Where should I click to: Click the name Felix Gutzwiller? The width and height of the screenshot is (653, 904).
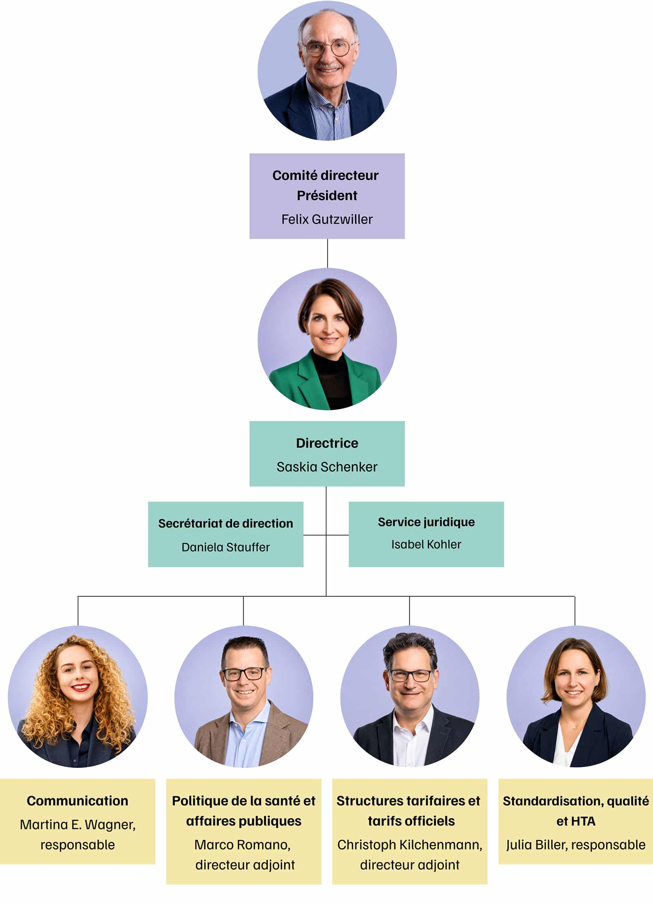pyautogui.click(x=327, y=219)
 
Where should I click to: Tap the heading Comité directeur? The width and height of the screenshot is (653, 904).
pyautogui.click(x=326, y=175)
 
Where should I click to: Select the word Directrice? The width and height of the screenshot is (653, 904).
pyautogui.click(x=327, y=443)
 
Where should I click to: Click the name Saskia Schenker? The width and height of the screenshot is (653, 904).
pyautogui.click(x=327, y=467)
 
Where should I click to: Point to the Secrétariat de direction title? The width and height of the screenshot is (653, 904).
pyautogui.click(x=226, y=523)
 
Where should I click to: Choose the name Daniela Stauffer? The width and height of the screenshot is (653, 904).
pyautogui.click(x=226, y=547)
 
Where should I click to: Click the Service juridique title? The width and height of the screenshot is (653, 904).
pyautogui.click(x=426, y=522)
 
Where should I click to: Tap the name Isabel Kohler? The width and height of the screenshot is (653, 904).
pyautogui.click(x=426, y=544)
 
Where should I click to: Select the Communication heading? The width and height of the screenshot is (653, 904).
pyautogui.click(x=78, y=801)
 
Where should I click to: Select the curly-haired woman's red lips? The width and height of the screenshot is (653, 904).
pyautogui.click(x=80, y=687)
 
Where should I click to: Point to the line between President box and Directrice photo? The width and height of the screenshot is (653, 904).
pyautogui.click(x=327, y=253)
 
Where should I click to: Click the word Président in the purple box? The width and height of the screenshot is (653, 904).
pyautogui.click(x=327, y=196)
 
